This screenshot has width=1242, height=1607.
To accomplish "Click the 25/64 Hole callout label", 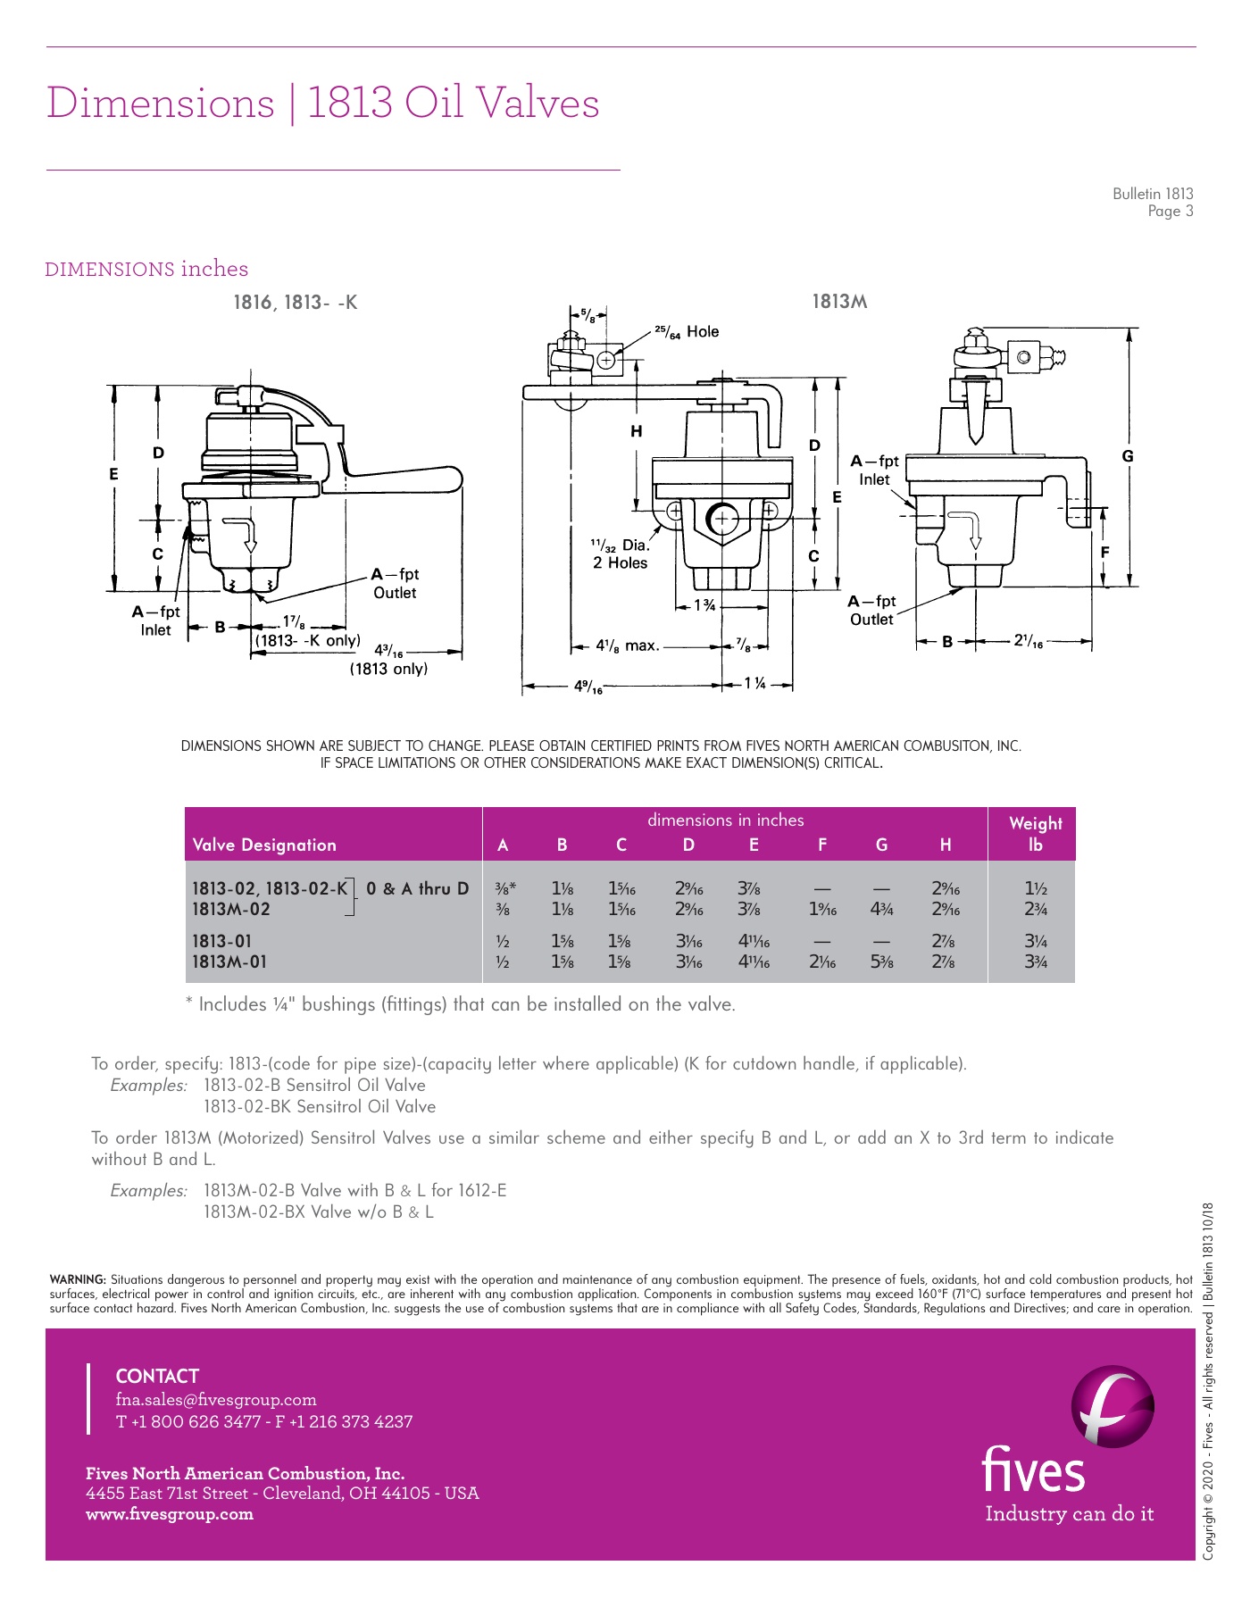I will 687,332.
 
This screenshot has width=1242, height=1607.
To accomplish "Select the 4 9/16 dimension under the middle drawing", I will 588,687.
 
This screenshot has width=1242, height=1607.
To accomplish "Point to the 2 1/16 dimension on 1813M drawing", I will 1028,640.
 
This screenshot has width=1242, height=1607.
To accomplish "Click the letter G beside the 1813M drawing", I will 1128,456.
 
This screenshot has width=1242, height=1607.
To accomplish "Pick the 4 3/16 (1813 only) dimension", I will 388,659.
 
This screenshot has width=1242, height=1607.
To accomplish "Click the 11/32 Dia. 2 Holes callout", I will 620,554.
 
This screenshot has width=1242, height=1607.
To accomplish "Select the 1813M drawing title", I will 839,302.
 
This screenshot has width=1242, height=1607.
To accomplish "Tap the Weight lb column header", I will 1035,834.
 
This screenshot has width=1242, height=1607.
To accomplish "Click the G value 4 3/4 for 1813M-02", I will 881,910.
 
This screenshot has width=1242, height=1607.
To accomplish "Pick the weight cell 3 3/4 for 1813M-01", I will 1035,962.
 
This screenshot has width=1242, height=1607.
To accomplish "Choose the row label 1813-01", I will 222,941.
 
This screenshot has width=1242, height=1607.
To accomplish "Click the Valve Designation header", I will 264,845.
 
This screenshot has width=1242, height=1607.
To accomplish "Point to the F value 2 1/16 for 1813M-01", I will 822,962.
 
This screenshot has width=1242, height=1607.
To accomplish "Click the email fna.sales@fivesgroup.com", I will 216,1400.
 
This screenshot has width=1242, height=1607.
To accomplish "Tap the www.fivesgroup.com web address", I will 170,1514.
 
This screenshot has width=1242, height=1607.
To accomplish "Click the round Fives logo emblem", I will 1113,1406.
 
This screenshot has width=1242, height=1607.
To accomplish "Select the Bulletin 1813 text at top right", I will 1152,194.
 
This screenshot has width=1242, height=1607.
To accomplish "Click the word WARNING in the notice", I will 78,1280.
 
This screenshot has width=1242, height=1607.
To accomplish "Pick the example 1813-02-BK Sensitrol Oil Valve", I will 320,1107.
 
